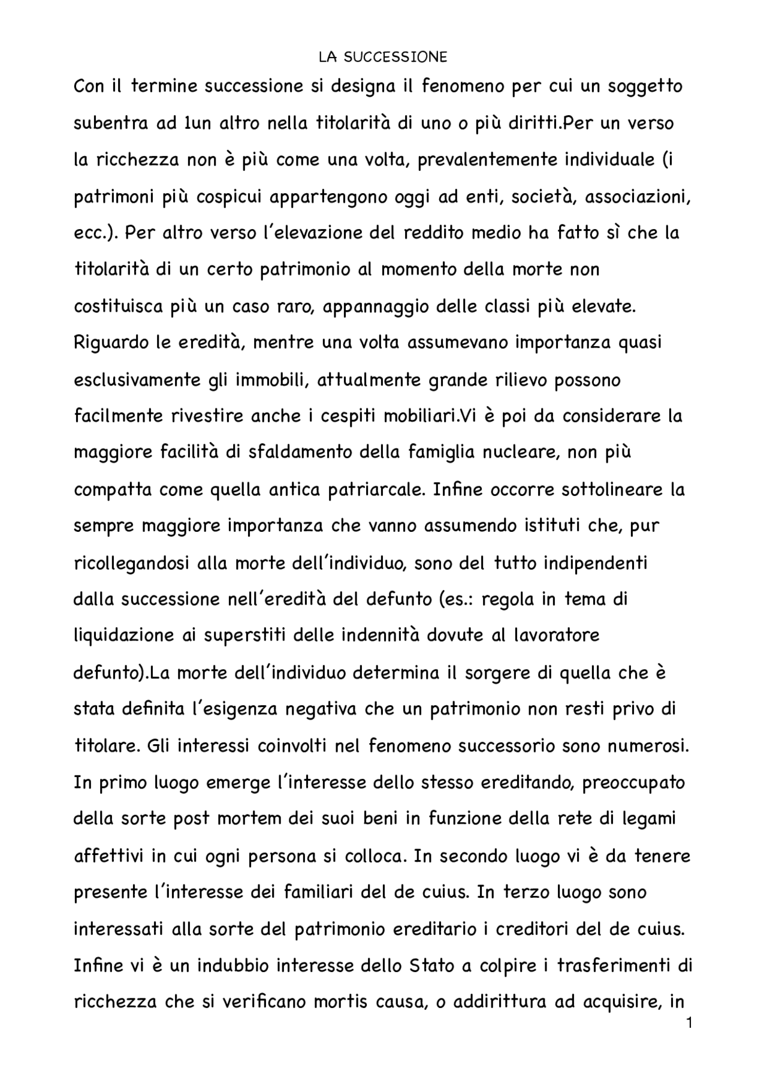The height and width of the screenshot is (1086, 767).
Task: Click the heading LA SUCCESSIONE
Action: [383, 57]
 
